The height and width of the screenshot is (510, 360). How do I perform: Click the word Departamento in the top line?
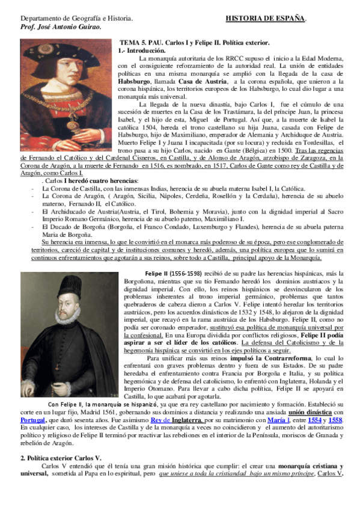(x=37, y=19)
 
